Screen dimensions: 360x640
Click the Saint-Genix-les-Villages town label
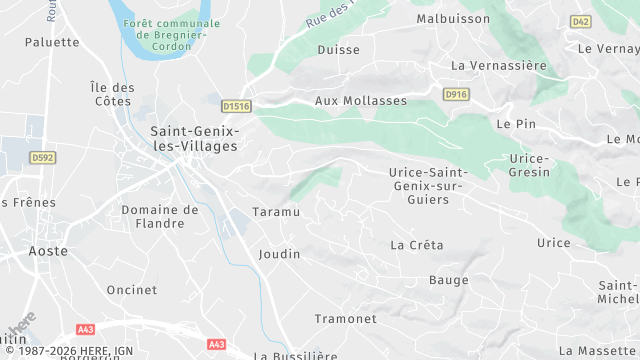[x=194, y=138]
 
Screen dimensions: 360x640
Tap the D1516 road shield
[x=236, y=105]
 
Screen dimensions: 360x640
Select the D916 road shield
[x=456, y=94]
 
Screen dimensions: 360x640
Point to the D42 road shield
[x=581, y=20]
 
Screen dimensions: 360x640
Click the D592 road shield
[x=42, y=157]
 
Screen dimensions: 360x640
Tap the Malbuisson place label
[x=453, y=18]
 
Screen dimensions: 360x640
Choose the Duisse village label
[x=337, y=49]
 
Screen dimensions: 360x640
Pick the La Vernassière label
[x=499, y=66]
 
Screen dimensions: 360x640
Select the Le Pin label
[x=516, y=123]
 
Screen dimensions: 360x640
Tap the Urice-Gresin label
[x=529, y=165]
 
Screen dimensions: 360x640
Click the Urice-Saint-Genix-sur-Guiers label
[x=432, y=186]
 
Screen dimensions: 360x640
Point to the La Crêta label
[x=417, y=245]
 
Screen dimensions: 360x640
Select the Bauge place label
[x=449, y=280]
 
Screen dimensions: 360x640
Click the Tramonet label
[x=346, y=319]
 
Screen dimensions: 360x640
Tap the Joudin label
[x=279, y=254]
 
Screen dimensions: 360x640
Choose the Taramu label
[x=276, y=213]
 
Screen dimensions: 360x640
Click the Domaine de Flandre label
[x=160, y=216]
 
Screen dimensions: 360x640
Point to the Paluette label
[x=52, y=42]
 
